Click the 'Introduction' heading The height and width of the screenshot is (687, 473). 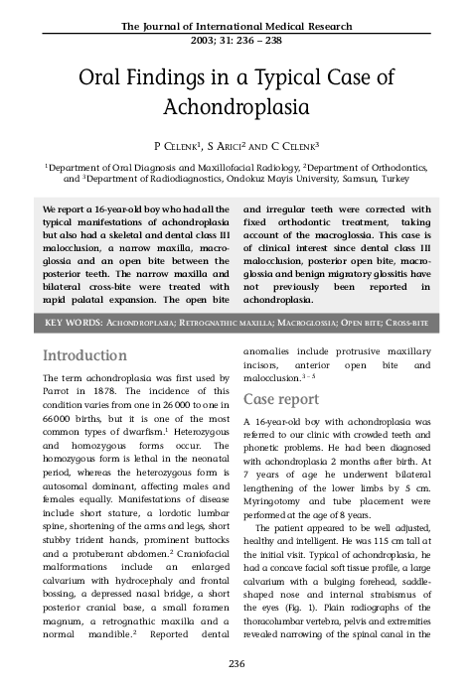(x=83, y=355)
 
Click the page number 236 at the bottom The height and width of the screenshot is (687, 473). (x=236, y=663)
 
